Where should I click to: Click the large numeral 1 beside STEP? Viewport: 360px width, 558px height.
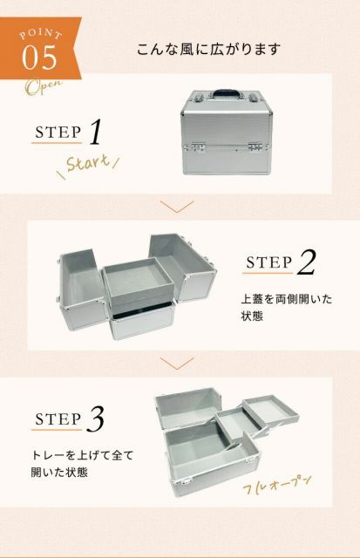pos(97,133)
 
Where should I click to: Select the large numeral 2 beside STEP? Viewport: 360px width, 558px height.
pos(307,262)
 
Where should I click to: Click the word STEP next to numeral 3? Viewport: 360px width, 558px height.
pos(58,419)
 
